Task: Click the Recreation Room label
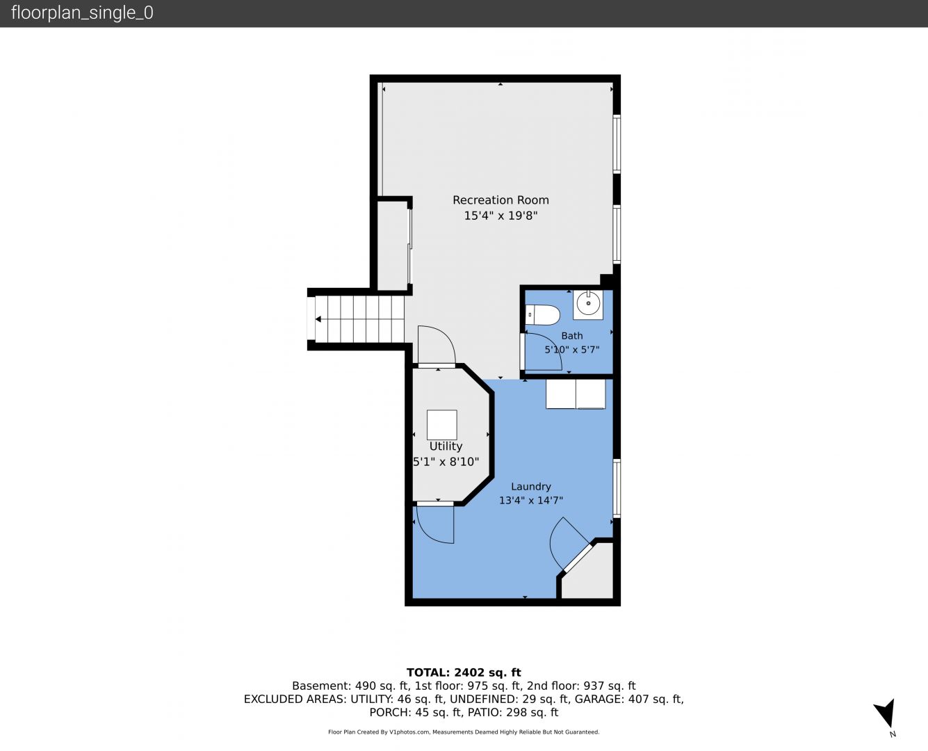pos(500,200)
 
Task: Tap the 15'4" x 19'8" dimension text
pos(500,216)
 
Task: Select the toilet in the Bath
pos(542,315)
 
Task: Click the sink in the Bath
pos(588,305)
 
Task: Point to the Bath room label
pos(571,336)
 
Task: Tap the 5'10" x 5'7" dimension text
pos(571,350)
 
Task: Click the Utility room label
pos(446,446)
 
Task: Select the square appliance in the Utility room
pos(442,425)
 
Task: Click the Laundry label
pos(530,487)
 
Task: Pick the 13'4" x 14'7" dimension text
pos(530,501)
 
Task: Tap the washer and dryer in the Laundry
pos(576,394)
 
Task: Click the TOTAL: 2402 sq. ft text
pos(464,672)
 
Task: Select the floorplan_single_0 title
pos(82,13)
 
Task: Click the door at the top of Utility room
pos(437,365)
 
